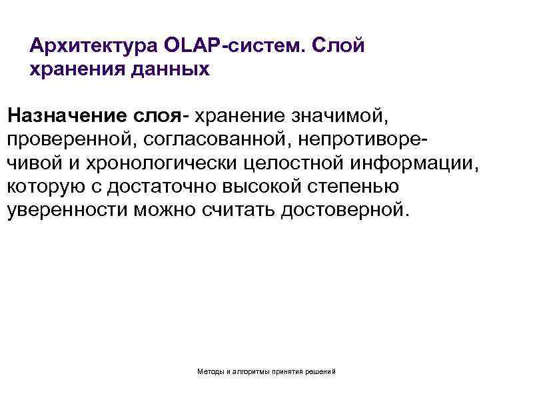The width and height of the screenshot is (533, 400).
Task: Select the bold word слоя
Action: (x=154, y=116)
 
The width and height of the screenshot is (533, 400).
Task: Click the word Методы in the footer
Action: (x=211, y=370)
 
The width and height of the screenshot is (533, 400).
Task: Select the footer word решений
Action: (x=322, y=370)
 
